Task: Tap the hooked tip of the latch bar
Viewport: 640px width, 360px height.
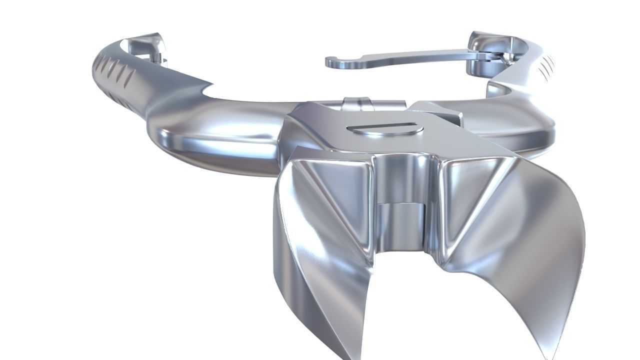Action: [333, 62]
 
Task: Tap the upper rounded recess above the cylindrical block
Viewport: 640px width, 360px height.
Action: [402, 175]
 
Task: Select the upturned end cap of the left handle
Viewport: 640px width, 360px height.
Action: [150, 42]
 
